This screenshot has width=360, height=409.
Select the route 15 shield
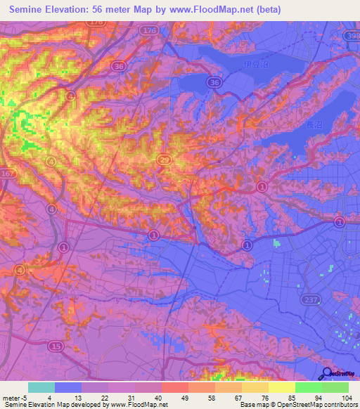pos(56,346)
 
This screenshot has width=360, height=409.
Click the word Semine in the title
pos(32,9)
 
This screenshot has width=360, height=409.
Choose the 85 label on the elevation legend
pos(294,398)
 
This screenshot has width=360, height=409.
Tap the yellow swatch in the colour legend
pos(281,387)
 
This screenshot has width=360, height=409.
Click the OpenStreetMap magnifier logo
pos(326,373)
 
